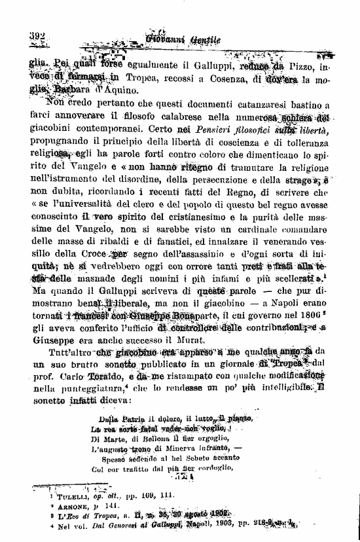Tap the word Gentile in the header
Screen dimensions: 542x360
tap(205, 41)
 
